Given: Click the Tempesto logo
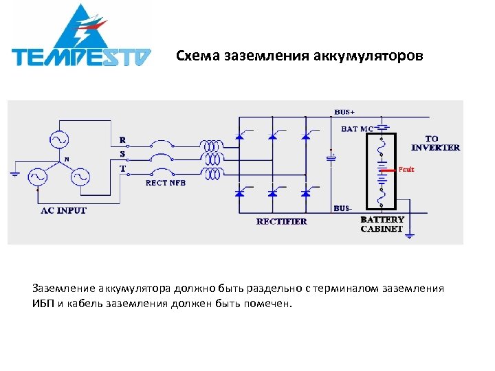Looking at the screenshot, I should click(81, 38).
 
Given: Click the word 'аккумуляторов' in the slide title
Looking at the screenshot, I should click(375, 56).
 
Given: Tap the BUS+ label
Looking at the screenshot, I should click(345, 111).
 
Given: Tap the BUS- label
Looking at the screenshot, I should click(343, 207).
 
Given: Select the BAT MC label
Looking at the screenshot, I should click(357, 128).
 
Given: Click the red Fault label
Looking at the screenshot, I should click(406, 170).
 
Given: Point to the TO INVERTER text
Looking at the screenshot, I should click(436, 143).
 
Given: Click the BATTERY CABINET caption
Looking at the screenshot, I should click(382, 224).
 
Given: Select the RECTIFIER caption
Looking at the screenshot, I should click(282, 221).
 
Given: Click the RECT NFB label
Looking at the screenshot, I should click(165, 183).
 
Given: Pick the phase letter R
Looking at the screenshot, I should click(122, 140).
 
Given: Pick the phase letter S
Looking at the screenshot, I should click(122, 154).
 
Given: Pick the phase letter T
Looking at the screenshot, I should click(122, 168).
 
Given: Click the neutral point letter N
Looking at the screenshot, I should click(67, 159).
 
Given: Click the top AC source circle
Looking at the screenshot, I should click(58, 139).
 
